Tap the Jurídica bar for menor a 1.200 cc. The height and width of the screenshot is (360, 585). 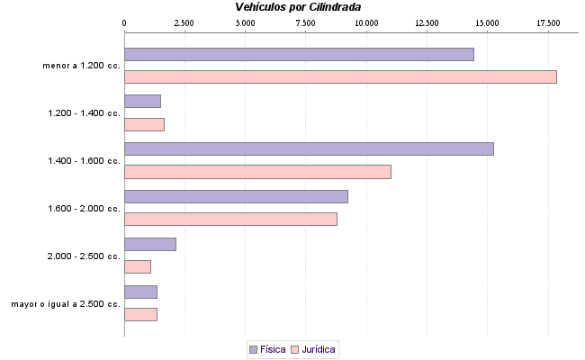click(x=340, y=76)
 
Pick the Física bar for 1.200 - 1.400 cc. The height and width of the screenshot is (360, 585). click(x=142, y=102)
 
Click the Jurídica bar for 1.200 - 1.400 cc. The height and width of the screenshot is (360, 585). click(x=144, y=124)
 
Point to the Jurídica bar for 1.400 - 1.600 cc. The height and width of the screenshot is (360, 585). click(x=257, y=172)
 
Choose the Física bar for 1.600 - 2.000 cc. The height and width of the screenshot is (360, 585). click(x=236, y=196)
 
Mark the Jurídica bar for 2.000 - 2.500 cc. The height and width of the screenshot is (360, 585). click(x=138, y=266)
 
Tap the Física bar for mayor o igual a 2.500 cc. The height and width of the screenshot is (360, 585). click(x=140, y=292)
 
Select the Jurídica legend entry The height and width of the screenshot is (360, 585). click(x=314, y=349)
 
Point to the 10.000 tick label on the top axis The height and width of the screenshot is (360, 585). click(x=365, y=22)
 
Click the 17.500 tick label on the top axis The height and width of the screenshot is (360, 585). click(x=547, y=22)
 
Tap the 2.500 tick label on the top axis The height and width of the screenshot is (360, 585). click(x=184, y=22)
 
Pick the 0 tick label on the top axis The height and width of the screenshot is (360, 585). click(x=124, y=22)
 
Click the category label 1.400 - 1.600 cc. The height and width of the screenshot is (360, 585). click(x=84, y=161)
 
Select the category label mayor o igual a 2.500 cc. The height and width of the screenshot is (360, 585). click(x=66, y=304)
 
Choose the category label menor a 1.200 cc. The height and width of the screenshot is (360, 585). click(x=81, y=66)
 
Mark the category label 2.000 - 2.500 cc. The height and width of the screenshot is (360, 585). click(x=84, y=256)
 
